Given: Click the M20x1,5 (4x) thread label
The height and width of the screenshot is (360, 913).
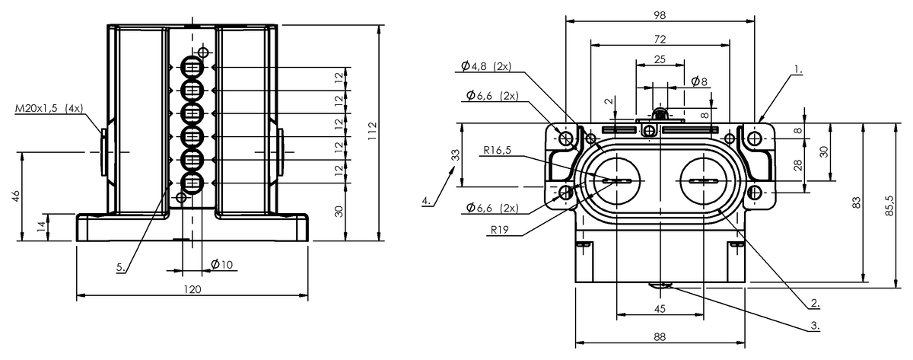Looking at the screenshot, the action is click(49, 108).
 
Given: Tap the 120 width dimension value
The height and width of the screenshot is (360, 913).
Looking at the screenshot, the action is click(192, 289).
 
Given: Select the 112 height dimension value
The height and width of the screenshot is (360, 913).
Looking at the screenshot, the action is click(373, 131).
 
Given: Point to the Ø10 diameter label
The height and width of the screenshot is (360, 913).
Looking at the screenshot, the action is click(222, 265).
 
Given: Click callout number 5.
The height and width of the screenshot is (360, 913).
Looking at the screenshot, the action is click(121, 267).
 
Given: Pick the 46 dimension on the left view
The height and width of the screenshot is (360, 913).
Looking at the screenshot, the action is click(16, 196).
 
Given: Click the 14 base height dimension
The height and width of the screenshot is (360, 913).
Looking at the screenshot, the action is click(42, 227).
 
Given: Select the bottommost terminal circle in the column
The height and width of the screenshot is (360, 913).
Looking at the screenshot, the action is click(192, 183).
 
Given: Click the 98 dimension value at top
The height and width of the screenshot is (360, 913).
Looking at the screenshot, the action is click(660, 15).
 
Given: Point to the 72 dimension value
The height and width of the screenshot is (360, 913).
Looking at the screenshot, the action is click(660, 39).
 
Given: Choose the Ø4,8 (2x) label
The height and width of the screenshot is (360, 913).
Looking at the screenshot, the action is click(486, 66).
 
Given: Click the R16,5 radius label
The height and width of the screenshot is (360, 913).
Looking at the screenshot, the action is click(497, 150).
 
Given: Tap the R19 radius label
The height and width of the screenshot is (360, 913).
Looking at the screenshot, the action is click(499, 230).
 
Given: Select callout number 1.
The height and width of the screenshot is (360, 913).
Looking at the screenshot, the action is click(798, 69).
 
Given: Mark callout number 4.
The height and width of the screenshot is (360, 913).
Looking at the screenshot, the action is click(426, 201).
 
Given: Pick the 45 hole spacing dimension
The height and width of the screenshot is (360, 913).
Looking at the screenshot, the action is click(660, 309).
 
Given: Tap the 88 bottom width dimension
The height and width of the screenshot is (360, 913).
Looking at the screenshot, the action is click(660, 336).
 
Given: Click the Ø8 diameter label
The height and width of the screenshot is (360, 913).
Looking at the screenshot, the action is click(699, 81).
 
